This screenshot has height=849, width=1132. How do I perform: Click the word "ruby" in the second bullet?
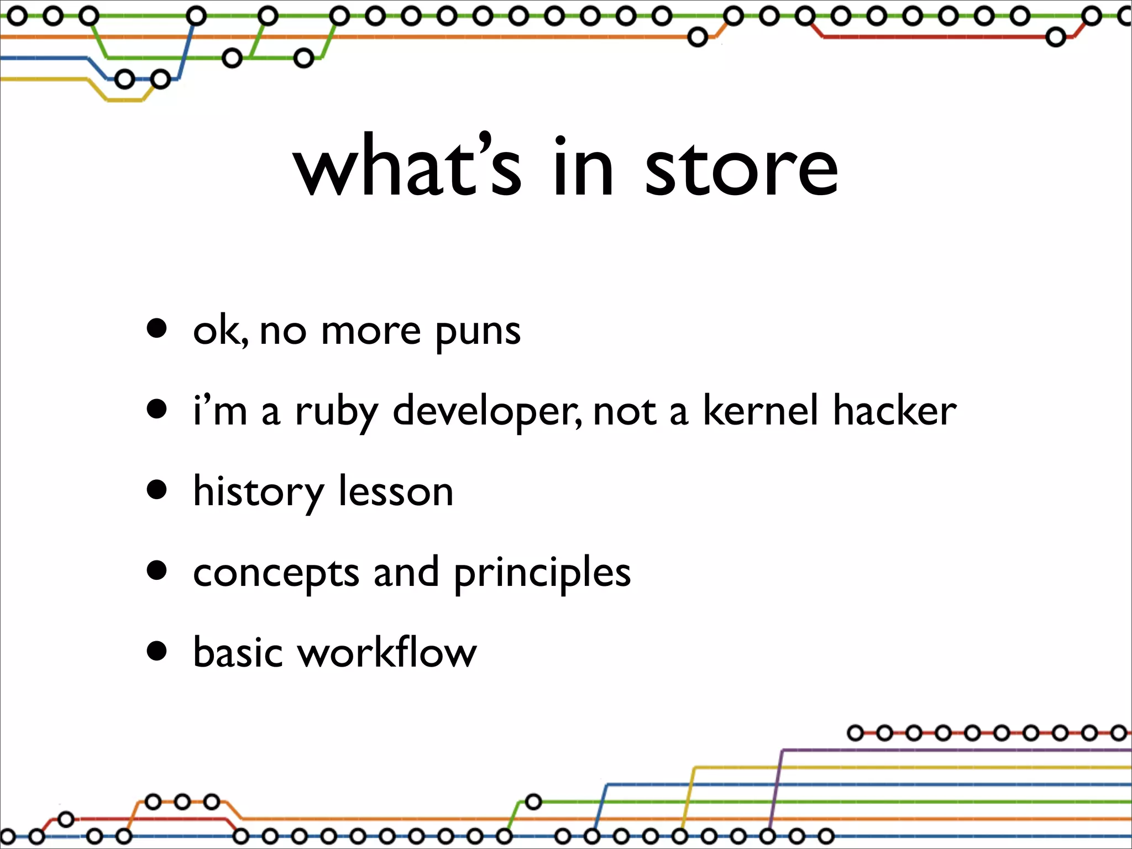pyautogui.click(x=337, y=412)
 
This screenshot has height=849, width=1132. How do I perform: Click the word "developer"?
pyautogui.click(x=487, y=412)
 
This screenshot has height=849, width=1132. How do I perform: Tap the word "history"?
pyautogui.click(x=258, y=492)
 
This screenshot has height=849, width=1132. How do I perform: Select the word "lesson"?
pyautogui.click(x=396, y=491)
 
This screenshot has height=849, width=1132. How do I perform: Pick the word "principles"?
pyautogui.click(x=542, y=573)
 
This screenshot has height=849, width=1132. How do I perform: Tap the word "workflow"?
pyautogui.click(x=387, y=652)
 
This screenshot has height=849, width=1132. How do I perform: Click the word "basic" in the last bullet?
pyautogui.click(x=238, y=652)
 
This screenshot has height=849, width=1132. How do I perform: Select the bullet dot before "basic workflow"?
pyautogui.click(x=157, y=651)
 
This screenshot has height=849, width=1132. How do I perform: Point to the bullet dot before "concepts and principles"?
pyautogui.click(x=157, y=570)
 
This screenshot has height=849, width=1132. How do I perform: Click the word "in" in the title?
pyautogui.click(x=583, y=167)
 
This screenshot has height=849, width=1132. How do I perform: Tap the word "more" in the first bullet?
pyautogui.click(x=371, y=332)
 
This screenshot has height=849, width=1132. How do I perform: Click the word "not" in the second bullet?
pyautogui.click(x=625, y=411)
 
